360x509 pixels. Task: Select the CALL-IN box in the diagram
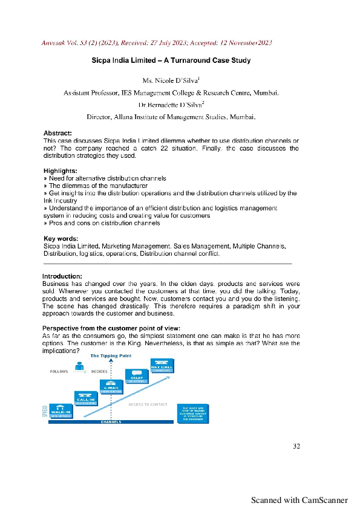[84, 397]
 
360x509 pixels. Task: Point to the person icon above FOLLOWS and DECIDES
[79, 365]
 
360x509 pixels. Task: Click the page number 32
[296, 446]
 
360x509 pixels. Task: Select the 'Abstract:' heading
[58, 133]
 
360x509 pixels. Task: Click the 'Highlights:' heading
[61, 171]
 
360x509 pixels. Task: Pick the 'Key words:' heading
[61, 239]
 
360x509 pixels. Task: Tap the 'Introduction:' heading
[62, 276]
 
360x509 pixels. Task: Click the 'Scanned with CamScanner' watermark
[299, 500]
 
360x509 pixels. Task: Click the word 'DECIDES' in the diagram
[99, 372]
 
